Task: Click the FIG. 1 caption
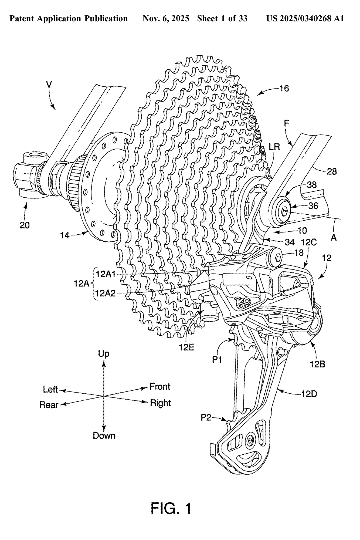coord(171,508)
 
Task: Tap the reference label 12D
coord(309,394)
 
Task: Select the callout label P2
coord(206,417)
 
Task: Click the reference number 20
coord(25,225)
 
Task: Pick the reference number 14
coord(65,235)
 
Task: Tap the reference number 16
coord(284,88)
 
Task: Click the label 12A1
coord(106,274)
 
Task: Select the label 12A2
coord(106,293)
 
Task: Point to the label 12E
coord(187,347)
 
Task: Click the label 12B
coord(317,364)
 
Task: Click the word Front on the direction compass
coord(160,387)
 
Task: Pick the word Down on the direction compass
coord(104,436)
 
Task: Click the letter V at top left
coord(49,85)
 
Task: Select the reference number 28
coord(332,171)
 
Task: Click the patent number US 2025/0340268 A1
coord(305,18)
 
